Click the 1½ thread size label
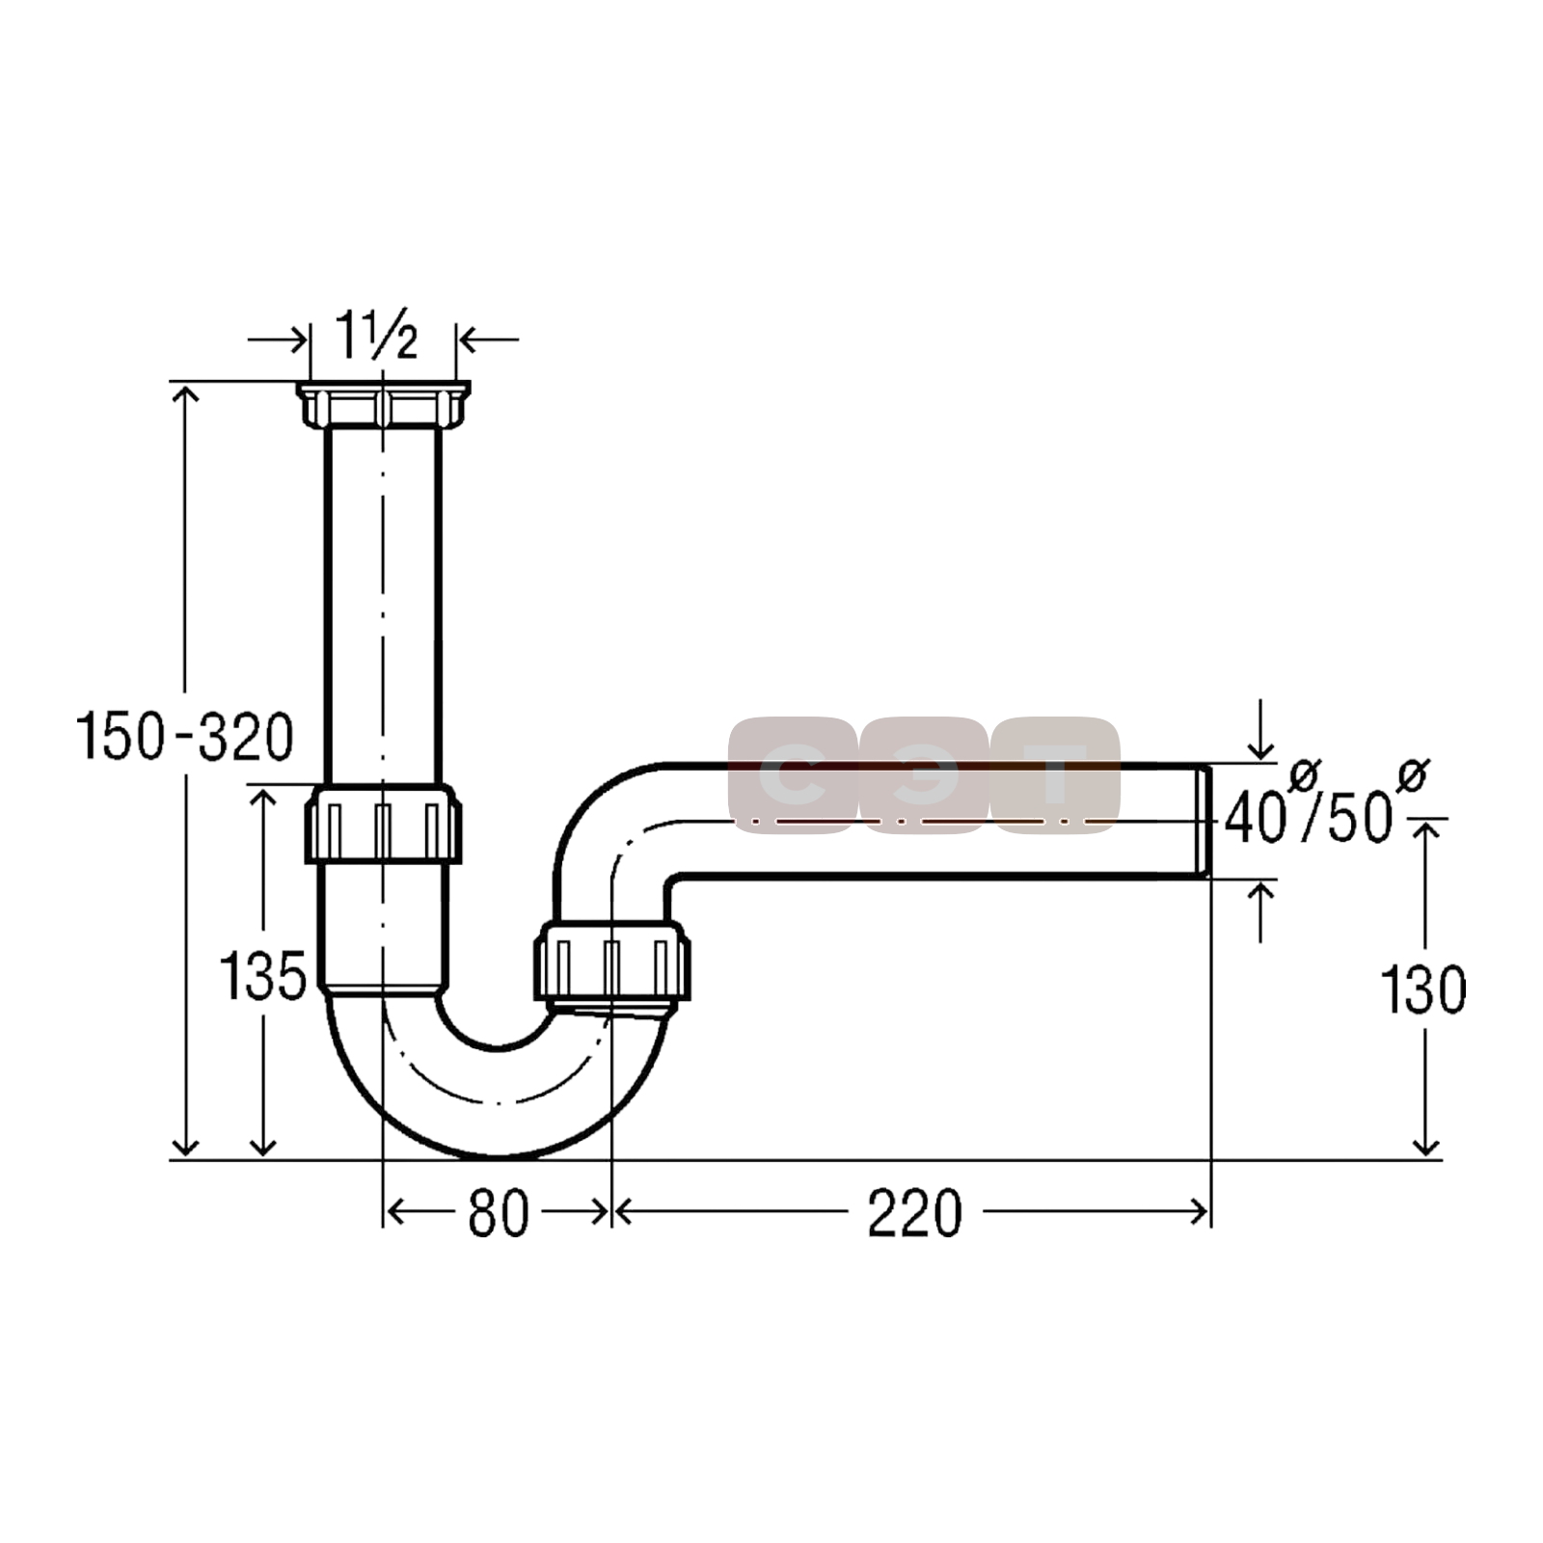coord(377,335)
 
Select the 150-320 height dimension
coord(186,736)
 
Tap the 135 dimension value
coord(262,975)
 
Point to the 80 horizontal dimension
coord(499,1212)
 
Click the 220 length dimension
coord(914,1212)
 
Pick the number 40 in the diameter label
coord(1255,818)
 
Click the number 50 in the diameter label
coord(1360,818)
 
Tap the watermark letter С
coord(791,775)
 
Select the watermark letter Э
coord(923,775)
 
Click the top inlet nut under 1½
coord(383,405)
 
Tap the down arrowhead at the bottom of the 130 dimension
coord(1425,1146)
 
